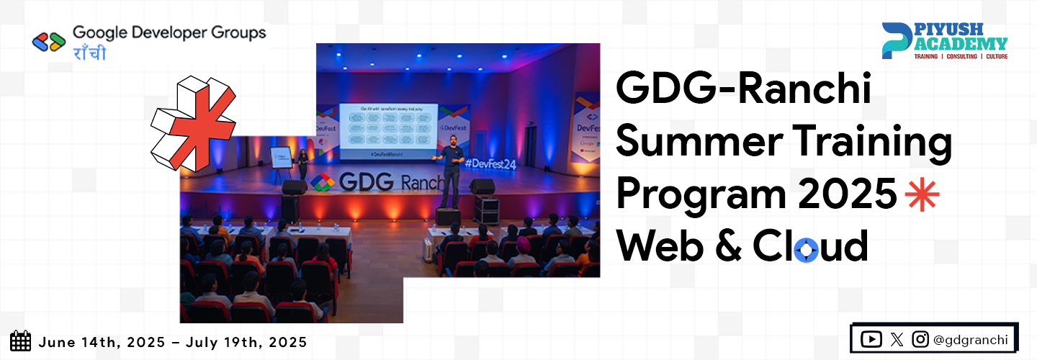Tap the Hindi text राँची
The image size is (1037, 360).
pos(89,53)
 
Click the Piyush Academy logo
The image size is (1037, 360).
pos(944,40)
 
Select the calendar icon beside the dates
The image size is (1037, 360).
pos(21,341)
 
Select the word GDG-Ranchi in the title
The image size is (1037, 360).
pos(743,92)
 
